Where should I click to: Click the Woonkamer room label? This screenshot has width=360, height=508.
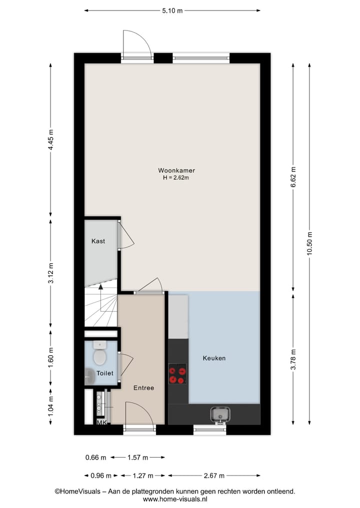tap(172, 170)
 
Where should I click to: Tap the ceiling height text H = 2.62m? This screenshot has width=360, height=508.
tap(172, 178)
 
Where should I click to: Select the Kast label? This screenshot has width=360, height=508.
tap(98, 241)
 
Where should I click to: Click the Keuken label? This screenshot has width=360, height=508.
tap(214, 358)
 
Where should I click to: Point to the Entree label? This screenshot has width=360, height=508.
tap(143, 388)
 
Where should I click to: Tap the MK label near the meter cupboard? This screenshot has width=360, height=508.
tap(101, 423)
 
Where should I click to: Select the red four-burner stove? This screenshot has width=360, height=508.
tap(177, 375)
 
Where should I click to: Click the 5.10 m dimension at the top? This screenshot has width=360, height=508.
tap(172, 10)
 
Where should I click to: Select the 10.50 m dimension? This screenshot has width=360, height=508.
tap(310, 243)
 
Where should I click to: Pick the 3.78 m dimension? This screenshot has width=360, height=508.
tap(293, 359)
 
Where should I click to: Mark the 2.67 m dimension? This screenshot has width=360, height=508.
tap(214, 476)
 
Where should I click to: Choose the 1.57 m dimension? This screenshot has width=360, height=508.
tap(137, 457)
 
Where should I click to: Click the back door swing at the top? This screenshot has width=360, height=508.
tap(137, 44)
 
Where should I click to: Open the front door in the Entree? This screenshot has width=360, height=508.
tap(139, 415)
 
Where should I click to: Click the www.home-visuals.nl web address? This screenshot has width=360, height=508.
tap(175, 499)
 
